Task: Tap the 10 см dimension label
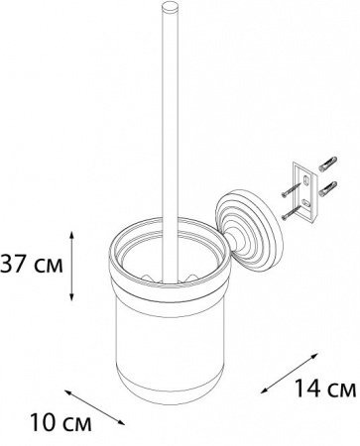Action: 60,422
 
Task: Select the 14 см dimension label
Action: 325,388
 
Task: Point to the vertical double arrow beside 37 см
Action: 71,267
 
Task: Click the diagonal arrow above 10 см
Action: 95,407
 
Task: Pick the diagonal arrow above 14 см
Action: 290,373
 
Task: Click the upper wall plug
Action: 328,164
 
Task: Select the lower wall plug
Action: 328,187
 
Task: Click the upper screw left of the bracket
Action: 292,191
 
